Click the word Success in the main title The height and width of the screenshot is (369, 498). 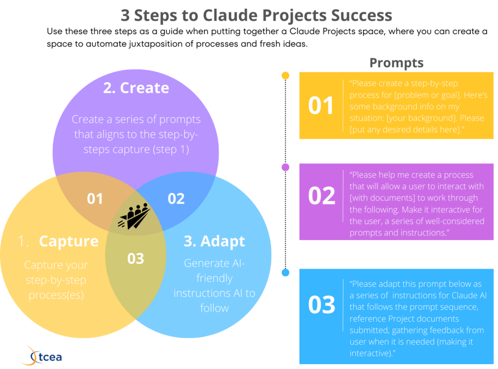pos(361,15)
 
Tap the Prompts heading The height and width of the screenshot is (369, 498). pos(396,63)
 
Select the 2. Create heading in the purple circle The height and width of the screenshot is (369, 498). pos(136,88)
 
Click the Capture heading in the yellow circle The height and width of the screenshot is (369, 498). pos(69,241)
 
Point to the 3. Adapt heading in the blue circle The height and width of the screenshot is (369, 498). pos(214,241)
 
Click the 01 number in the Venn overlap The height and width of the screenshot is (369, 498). pos(95,199)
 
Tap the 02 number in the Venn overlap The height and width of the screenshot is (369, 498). pos(176,199)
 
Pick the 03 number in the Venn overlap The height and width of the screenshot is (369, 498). pos(136,258)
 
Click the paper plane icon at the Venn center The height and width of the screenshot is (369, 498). pos(134,216)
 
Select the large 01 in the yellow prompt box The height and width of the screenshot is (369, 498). pos(321,106)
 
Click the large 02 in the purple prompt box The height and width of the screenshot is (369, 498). pos(321,196)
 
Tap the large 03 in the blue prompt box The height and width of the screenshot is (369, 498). pos(321,304)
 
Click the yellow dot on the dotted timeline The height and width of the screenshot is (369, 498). pos(285,75)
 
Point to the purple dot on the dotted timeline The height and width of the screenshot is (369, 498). pos(285,167)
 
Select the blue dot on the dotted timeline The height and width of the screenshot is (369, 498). pos(285,273)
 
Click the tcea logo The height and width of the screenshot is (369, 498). pos(42,356)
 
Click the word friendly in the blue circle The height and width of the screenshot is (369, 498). pos(214,278)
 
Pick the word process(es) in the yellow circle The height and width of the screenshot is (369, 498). pos(56,295)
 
